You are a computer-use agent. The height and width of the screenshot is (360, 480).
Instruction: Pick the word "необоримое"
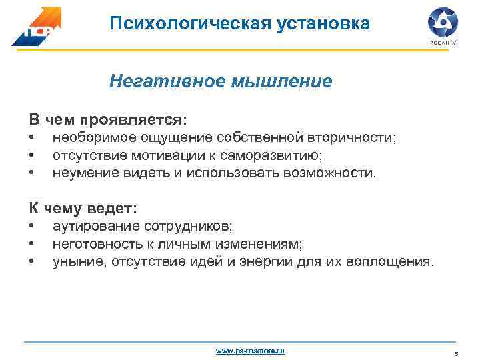(x=91, y=138)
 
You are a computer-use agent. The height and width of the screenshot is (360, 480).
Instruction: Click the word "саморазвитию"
(x=265, y=156)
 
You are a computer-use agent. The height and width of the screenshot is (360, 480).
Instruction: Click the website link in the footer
(x=251, y=350)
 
